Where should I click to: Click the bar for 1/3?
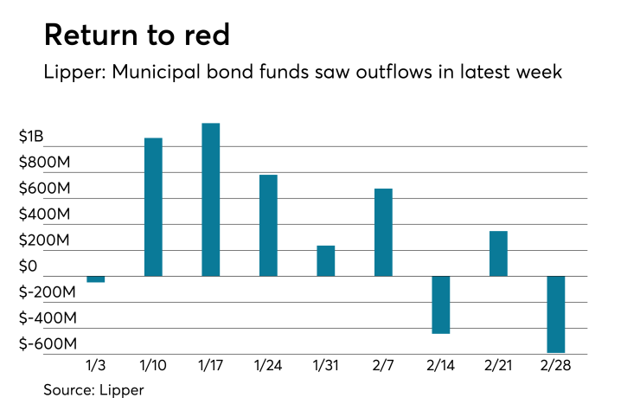(x=95, y=279)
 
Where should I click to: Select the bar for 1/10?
(x=153, y=207)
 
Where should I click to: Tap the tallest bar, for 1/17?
(x=210, y=200)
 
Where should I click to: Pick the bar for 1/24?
(x=268, y=225)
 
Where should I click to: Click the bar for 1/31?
(x=325, y=260)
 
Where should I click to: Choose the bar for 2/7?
(x=383, y=232)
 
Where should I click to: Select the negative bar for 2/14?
(x=440, y=305)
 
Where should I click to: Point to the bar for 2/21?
(x=498, y=253)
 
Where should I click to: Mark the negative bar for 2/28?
(x=555, y=314)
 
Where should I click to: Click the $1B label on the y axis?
(x=31, y=137)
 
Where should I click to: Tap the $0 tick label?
(x=29, y=266)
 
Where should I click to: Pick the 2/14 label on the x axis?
(x=441, y=366)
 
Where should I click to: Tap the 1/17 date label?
(x=210, y=366)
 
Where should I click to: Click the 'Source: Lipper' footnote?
(x=93, y=390)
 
